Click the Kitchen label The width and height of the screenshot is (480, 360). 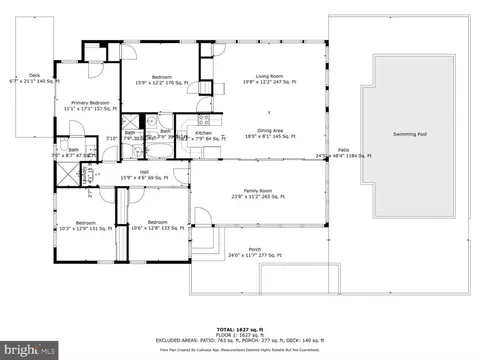pos(204,132)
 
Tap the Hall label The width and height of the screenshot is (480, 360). pos(144,173)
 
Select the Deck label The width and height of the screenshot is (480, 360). pos(33,75)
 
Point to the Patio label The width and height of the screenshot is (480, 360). pos(343,151)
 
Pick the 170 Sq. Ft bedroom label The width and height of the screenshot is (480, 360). pos(162,77)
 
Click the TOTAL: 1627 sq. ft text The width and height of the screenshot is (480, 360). pos(240,328)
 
